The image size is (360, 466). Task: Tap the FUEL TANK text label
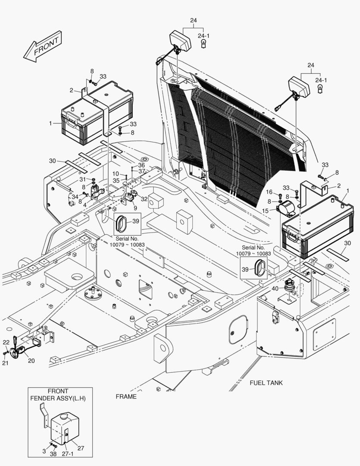(266, 383)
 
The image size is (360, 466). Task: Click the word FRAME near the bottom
(126, 397)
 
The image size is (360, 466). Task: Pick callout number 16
(269, 192)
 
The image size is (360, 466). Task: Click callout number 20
(31, 361)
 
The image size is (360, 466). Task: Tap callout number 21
(5, 363)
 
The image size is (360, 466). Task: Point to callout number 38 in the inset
(53, 454)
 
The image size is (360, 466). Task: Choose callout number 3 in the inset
(44, 451)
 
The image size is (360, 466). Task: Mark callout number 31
(82, 179)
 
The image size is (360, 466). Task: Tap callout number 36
(141, 165)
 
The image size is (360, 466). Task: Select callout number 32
(144, 199)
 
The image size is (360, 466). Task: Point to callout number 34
(75, 197)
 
